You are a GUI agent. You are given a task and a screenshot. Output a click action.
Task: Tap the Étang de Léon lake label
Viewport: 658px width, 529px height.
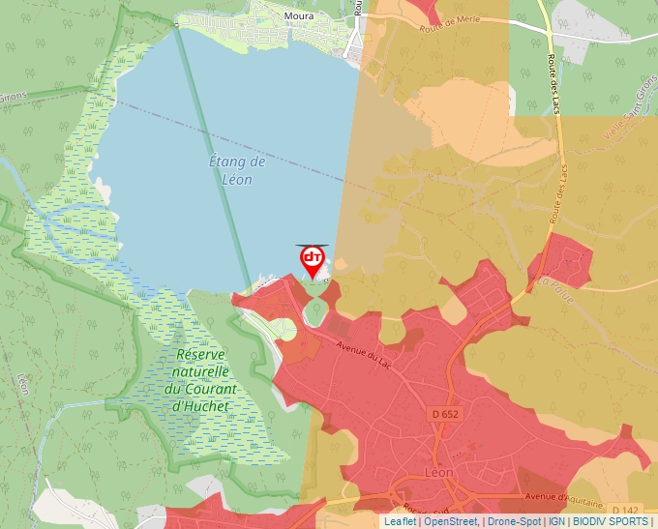click(x=230, y=170)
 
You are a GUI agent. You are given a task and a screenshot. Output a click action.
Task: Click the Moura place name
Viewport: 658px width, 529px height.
click(x=299, y=16)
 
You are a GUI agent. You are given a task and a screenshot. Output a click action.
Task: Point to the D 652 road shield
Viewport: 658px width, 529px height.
click(x=443, y=414)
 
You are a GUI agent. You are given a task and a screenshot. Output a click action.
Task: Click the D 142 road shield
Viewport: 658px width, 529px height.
click(x=627, y=510)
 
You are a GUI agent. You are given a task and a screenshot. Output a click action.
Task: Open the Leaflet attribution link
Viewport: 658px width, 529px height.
click(x=400, y=521)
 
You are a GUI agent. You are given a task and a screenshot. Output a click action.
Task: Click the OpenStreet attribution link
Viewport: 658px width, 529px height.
click(x=451, y=521)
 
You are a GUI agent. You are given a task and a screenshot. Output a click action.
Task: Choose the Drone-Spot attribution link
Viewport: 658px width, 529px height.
click(x=514, y=521)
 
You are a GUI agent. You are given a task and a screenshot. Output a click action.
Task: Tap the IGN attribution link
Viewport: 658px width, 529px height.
click(x=556, y=521)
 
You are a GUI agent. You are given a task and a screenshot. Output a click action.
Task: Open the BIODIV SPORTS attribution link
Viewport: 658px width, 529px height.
click(x=611, y=521)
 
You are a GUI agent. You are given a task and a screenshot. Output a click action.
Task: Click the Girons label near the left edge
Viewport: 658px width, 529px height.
click(x=12, y=98)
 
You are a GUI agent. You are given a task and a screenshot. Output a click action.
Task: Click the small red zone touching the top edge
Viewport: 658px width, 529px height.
click(x=425, y=10)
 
